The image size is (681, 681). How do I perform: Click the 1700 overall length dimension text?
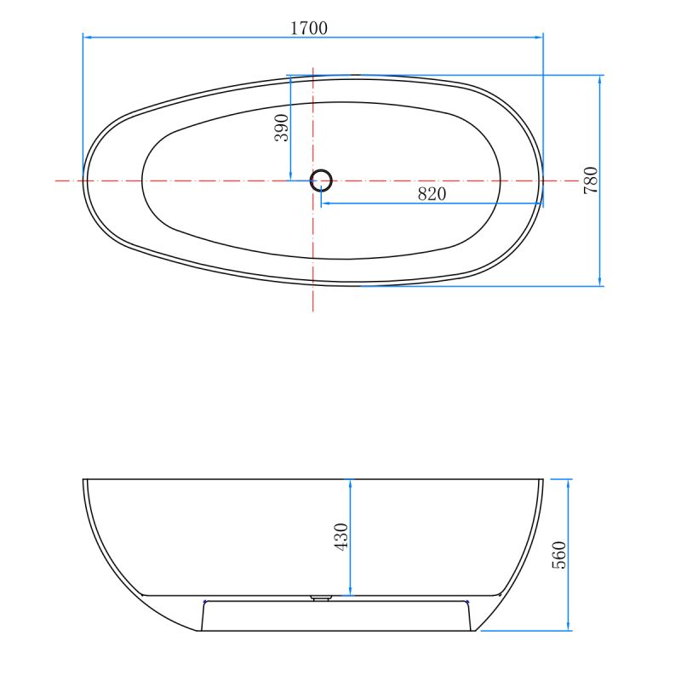(x=308, y=28)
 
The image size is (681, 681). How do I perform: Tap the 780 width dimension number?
(x=591, y=180)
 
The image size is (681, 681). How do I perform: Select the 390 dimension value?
(x=282, y=128)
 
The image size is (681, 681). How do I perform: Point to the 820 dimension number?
(x=432, y=194)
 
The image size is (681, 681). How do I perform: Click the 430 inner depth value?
(x=341, y=537)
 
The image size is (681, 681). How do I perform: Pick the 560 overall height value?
(x=559, y=555)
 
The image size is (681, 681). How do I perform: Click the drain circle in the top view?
(x=321, y=180)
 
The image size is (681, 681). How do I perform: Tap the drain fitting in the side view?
(x=321, y=598)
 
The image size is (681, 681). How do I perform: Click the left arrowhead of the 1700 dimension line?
(x=87, y=37)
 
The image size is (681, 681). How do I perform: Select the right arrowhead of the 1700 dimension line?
(x=539, y=37)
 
